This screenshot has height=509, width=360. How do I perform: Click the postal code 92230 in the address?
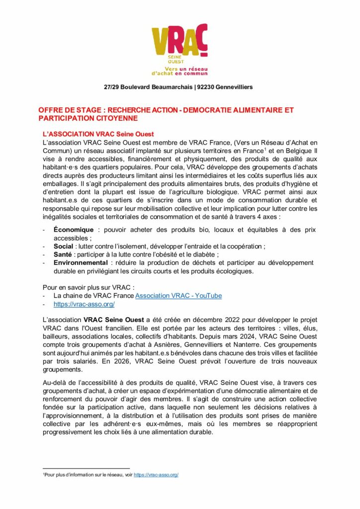tap(207, 87)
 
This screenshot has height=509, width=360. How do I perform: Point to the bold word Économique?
tap(73, 230)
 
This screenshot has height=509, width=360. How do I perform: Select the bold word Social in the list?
tap(64, 246)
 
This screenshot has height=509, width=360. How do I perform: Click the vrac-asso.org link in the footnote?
tap(156, 475)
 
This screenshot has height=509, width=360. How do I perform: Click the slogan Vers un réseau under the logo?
tap(186, 67)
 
